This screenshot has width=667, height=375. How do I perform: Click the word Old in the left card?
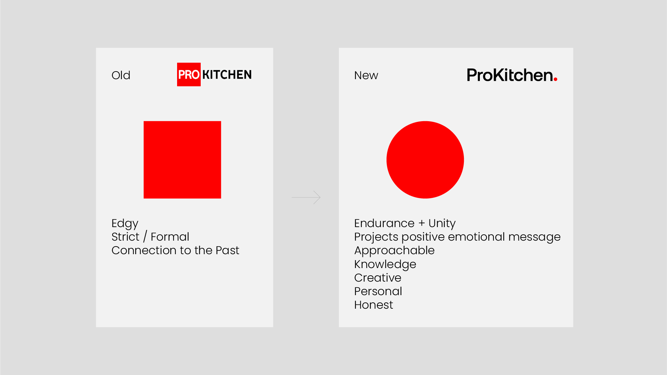pyautogui.click(x=121, y=75)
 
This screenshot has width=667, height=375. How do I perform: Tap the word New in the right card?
pyautogui.click(x=366, y=75)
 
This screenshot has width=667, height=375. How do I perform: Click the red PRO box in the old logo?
pyautogui.click(x=189, y=74)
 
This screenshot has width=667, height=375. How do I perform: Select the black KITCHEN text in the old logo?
pyautogui.click(x=227, y=75)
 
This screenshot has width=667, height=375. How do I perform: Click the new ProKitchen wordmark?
pyautogui.click(x=512, y=75)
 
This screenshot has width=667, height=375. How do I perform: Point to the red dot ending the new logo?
pyautogui.click(x=556, y=80)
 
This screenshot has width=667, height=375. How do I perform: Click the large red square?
pyautogui.click(x=182, y=160)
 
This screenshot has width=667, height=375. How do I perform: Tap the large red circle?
pyautogui.click(x=425, y=160)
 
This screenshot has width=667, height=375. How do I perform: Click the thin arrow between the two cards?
pyautogui.click(x=306, y=197)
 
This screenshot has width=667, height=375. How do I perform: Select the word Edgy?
pyautogui.click(x=125, y=224)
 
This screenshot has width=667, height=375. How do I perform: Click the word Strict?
pyautogui.click(x=125, y=237)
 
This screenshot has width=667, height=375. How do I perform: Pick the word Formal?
pyautogui.click(x=170, y=237)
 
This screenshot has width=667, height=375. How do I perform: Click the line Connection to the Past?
pyautogui.click(x=175, y=250)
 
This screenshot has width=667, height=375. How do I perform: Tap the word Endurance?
pyautogui.click(x=384, y=223)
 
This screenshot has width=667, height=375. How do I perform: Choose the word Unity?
pyautogui.click(x=442, y=224)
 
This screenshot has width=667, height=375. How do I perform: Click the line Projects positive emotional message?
pyautogui.click(x=457, y=237)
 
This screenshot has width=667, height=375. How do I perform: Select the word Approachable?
pyautogui.click(x=394, y=251)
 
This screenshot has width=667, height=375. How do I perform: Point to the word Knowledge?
pyautogui.click(x=385, y=265)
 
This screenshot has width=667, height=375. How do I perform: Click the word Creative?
pyautogui.click(x=378, y=278)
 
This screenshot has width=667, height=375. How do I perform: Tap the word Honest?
pyautogui.click(x=374, y=305)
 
